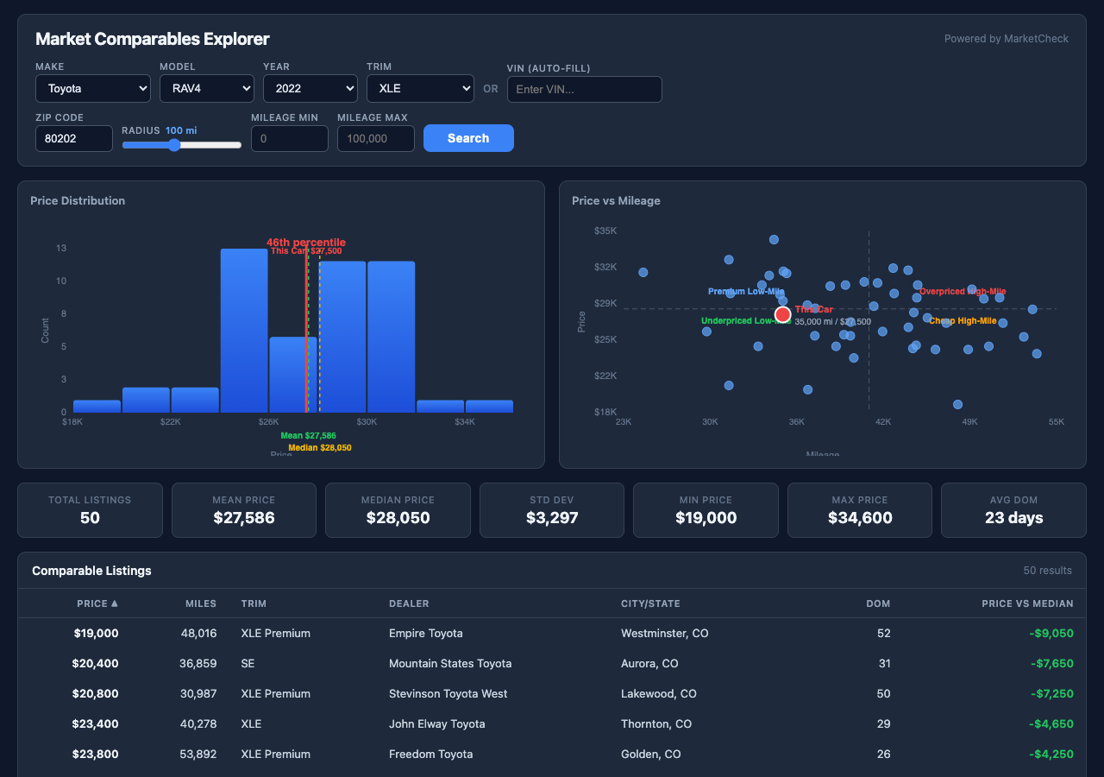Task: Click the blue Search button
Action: (468, 138)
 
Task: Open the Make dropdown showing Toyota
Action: (93, 88)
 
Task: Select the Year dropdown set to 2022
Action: (310, 88)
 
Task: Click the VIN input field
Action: (584, 89)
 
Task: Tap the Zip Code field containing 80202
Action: (73, 138)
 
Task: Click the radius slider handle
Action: (174, 145)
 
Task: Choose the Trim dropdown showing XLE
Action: (420, 88)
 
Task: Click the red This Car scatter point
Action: (782, 314)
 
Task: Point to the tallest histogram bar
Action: (244, 330)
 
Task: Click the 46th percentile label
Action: (305, 243)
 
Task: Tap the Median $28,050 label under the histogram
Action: (319, 448)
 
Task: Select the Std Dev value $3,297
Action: (552, 518)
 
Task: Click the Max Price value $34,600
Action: (860, 518)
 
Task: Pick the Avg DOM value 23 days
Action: (1013, 518)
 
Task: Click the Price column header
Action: (97, 603)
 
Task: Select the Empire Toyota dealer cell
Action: (425, 633)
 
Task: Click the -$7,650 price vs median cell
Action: (1051, 663)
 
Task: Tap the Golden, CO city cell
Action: (650, 754)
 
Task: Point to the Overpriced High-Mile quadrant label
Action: (963, 292)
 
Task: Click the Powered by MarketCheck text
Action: (1006, 39)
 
